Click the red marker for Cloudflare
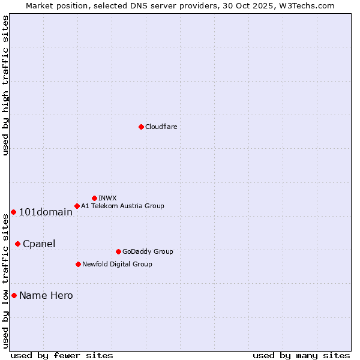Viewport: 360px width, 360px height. pyautogui.click(x=141, y=127)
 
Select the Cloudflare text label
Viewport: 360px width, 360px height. pyautogui.click(x=161, y=127)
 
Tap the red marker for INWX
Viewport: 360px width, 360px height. pyautogui.click(x=94, y=198)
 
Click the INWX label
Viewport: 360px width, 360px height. pyautogui.click(x=107, y=198)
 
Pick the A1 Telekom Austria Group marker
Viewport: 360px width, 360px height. pyautogui.click(x=77, y=206)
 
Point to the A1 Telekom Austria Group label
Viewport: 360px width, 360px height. pyautogui.click(x=122, y=206)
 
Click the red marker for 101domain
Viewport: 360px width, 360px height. pyautogui.click(x=13, y=212)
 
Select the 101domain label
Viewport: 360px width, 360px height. pyautogui.click(x=46, y=212)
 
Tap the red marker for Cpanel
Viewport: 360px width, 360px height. pyautogui.click(x=17, y=244)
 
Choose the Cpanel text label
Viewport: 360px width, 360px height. pyautogui.click(x=39, y=244)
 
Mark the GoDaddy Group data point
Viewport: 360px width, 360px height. pyautogui.click(x=118, y=251)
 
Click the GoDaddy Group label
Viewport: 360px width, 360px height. pyautogui.click(x=148, y=251)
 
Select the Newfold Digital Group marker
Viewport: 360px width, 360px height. pyautogui.click(x=78, y=264)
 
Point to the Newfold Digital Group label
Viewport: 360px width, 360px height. pyautogui.click(x=117, y=264)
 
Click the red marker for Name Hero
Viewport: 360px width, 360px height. pyautogui.click(x=14, y=295)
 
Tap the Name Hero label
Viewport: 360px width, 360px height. pyautogui.click(x=46, y=295)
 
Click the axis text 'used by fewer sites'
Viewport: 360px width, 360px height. pyautogui.click(x=62, y=355)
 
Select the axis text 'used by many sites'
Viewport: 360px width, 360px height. pyautogui.click(x=301, y=355)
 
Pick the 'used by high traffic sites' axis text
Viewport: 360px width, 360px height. pyautogui.click(x=5, y=85)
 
